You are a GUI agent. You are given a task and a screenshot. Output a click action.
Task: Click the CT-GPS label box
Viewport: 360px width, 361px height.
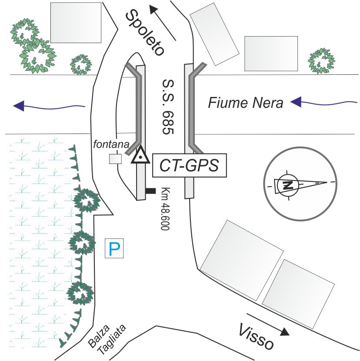[x=190, y=165]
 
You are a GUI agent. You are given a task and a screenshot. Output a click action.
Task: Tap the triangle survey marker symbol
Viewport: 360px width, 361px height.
[x=140, y=156]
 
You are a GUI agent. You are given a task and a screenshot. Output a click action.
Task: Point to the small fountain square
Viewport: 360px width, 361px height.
[x=115, y=159]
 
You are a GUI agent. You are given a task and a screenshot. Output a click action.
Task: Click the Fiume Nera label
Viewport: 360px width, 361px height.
[x=246, y=103]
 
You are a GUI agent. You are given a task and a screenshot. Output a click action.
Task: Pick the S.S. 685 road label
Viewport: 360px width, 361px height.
[x=167, y=107]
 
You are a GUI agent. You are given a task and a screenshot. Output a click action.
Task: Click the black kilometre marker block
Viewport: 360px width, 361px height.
[x=150, y=191]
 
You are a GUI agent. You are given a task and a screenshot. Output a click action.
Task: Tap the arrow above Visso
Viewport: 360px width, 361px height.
[x=268, y=324]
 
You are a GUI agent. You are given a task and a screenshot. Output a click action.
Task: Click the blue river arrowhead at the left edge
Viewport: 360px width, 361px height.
[x=19, y=105]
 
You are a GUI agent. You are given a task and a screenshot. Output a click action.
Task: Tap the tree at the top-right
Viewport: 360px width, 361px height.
[x=322, y=60]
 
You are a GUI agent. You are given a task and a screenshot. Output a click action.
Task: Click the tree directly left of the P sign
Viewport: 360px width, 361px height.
[x=83, y=243]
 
